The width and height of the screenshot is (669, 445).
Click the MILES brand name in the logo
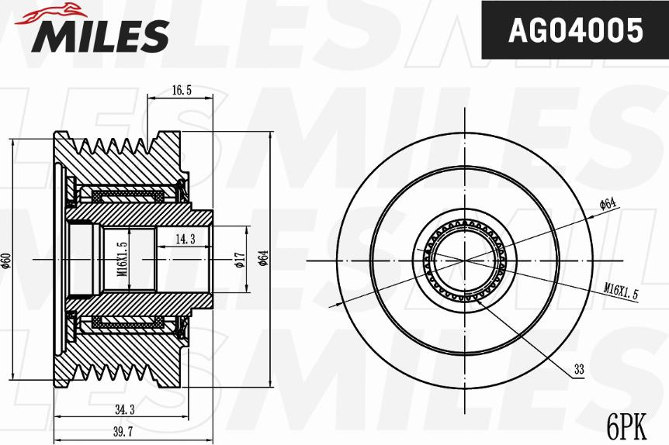tap(100, 35)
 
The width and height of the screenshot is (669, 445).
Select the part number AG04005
tap(574, 30)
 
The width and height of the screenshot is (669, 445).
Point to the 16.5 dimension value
tap(181, 91)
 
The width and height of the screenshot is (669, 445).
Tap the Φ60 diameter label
tap(6, 260)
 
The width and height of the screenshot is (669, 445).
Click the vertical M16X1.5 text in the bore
tap(122, 258)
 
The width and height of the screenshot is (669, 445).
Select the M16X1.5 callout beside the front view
tap(621, 291)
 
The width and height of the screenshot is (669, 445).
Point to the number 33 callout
tap(579, 371)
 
